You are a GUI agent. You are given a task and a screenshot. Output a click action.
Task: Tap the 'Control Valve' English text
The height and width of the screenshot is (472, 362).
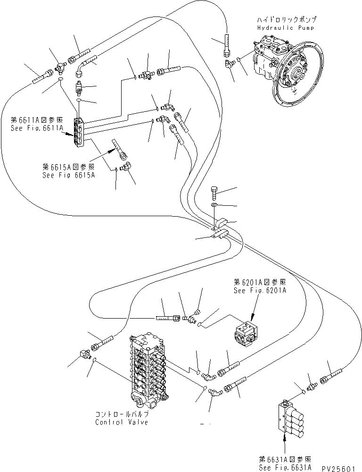point(121,421)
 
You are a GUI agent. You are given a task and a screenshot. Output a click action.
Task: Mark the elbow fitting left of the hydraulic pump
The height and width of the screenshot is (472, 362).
point(230,63)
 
